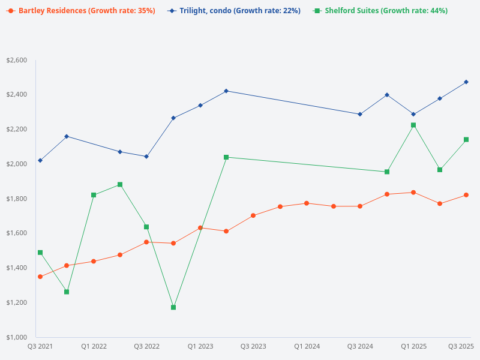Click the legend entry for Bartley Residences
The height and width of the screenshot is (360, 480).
(81, 11)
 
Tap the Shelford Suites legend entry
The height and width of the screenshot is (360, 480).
(381, 11)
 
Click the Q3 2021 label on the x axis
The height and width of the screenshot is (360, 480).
(40, 346)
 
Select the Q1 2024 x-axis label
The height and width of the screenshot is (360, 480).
(307, 346)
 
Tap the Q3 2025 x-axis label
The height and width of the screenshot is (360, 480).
(461, 346)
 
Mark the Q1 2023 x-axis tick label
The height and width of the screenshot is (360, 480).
(200, 346)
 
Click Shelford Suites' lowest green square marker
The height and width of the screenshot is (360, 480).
(173, 307)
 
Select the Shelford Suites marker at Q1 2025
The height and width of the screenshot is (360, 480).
(413, 125)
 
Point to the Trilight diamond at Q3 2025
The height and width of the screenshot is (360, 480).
(466, 82)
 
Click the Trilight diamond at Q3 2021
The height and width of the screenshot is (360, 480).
(40, 160)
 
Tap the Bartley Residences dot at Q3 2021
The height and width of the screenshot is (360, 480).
(40, 277)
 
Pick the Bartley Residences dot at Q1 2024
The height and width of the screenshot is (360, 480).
(307, 203)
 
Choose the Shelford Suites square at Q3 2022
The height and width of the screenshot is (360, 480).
(146, 227)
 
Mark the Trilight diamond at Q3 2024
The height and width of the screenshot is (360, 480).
(360, 114)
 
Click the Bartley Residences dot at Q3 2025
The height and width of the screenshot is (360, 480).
(466, 195)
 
